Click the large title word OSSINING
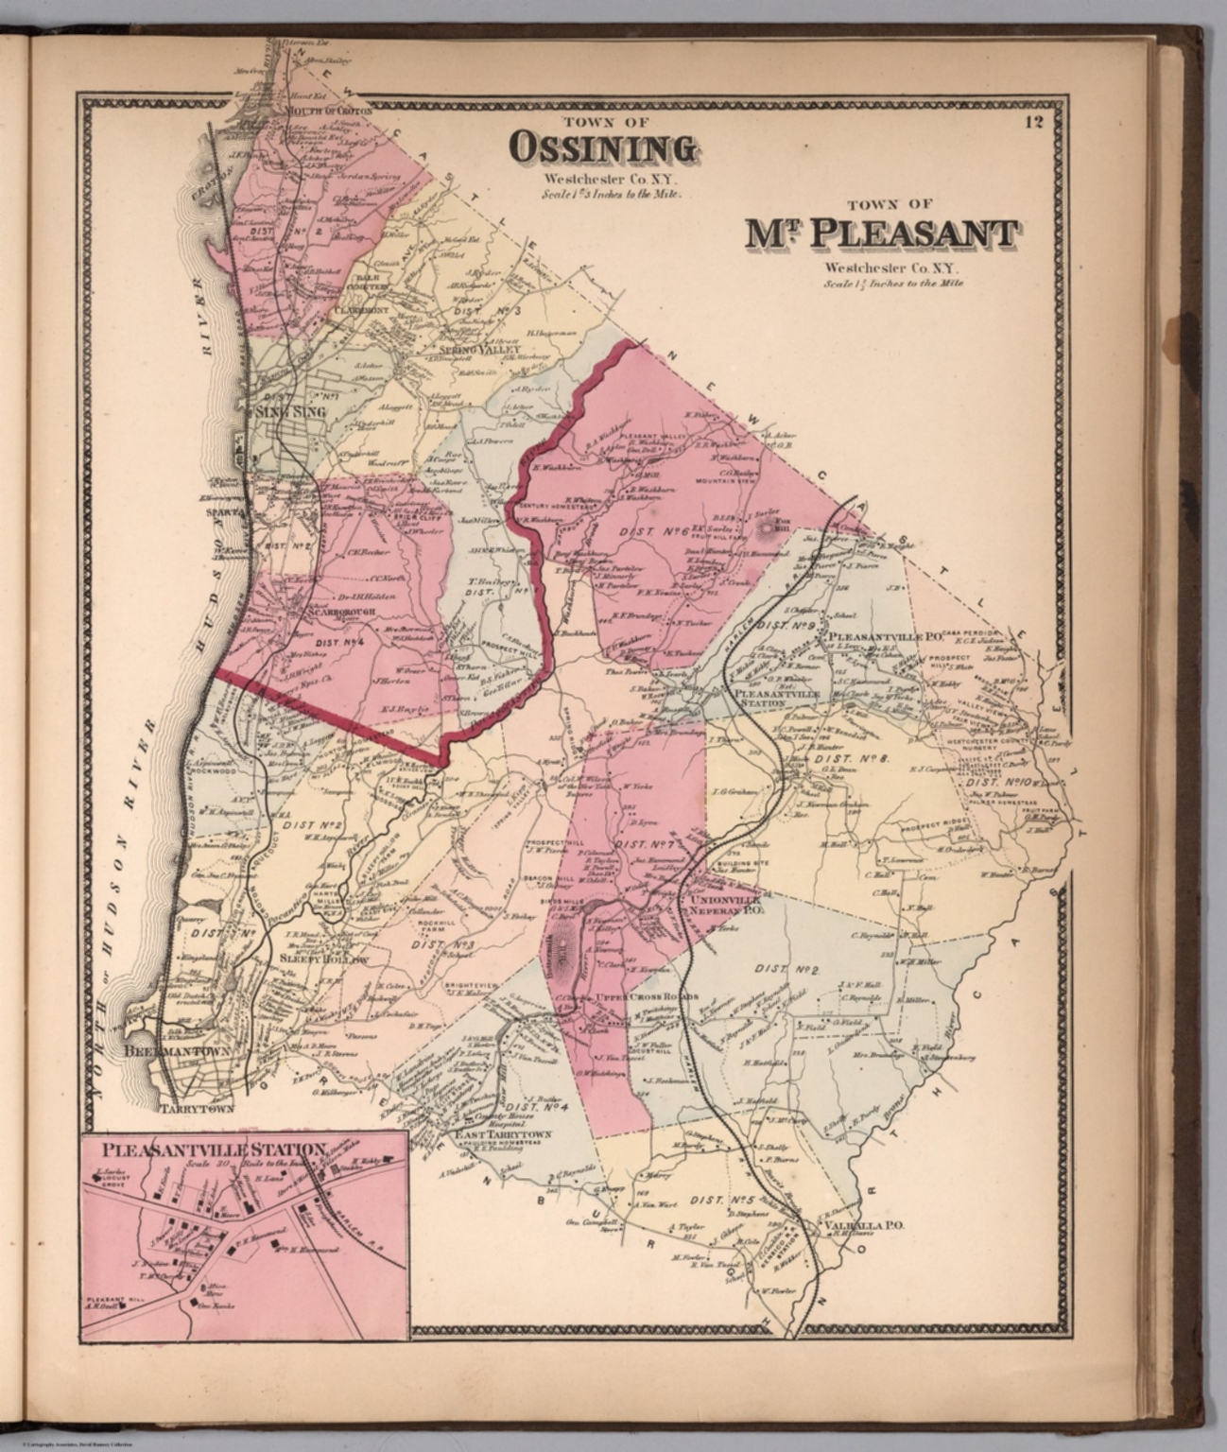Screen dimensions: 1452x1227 point(603,148)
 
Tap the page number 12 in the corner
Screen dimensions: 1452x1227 point(1032,121)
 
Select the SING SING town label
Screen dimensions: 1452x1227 point(291,412)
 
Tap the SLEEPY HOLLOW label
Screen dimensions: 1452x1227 point(321,958)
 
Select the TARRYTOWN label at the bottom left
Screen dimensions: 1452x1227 point(197,1107)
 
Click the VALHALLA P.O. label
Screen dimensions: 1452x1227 point(865,1225)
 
